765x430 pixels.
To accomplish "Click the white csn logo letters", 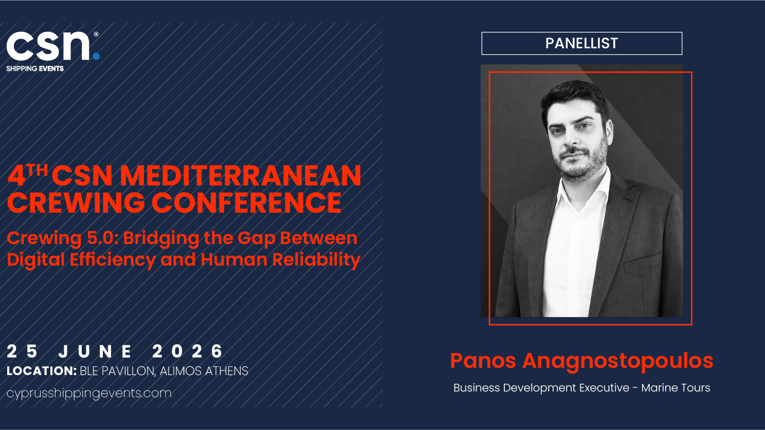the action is coord(48,46).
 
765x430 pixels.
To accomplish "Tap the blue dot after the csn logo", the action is coord(96,57).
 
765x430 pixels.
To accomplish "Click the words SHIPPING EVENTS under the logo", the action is coord(35,69).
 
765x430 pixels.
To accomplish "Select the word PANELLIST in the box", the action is coord(581,43).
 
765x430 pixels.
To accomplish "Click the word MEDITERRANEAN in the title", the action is coord(241,176).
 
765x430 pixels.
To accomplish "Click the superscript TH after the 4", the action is coord(38,170).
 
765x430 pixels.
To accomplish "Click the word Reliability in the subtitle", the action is coord(316,260).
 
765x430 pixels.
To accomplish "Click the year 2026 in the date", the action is coord(187,351).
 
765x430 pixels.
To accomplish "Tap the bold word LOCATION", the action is coord(42,371).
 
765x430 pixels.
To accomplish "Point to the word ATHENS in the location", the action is coord(226,371).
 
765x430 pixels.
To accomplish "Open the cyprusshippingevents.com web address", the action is coord(89,394).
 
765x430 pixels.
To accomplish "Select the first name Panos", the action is coord(483,361).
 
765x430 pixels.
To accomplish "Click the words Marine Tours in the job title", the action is coord(676,388).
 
